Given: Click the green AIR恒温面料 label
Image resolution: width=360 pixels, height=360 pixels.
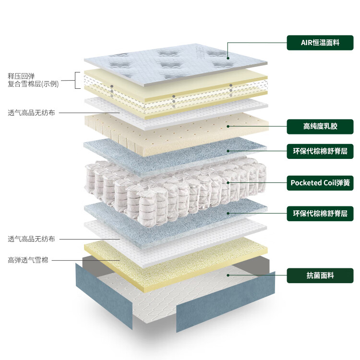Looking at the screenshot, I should point(320,43).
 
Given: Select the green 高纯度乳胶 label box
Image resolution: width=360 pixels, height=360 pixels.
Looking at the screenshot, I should point(320,127).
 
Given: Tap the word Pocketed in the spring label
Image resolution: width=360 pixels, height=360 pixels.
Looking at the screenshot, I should point(306,182).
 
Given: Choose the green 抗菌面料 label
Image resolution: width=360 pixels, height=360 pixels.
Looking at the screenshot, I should point(320,276).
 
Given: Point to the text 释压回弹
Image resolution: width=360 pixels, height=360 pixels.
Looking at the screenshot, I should point(21,76).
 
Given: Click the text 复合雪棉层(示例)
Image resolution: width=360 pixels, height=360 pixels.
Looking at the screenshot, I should point(33,84).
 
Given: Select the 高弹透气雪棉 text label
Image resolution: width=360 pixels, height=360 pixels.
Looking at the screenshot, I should point(28,260).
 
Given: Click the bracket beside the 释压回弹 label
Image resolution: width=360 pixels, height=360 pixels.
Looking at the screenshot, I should point(77,80).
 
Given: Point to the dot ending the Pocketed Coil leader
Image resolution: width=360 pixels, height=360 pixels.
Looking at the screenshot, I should point(228,183).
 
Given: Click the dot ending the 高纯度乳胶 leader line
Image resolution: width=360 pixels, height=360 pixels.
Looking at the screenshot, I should point(228,127).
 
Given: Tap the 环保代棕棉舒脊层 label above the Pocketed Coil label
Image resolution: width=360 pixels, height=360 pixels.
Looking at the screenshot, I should point(320,151).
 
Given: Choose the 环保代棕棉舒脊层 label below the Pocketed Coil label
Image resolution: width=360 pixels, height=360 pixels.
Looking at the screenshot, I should point(320,213).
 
